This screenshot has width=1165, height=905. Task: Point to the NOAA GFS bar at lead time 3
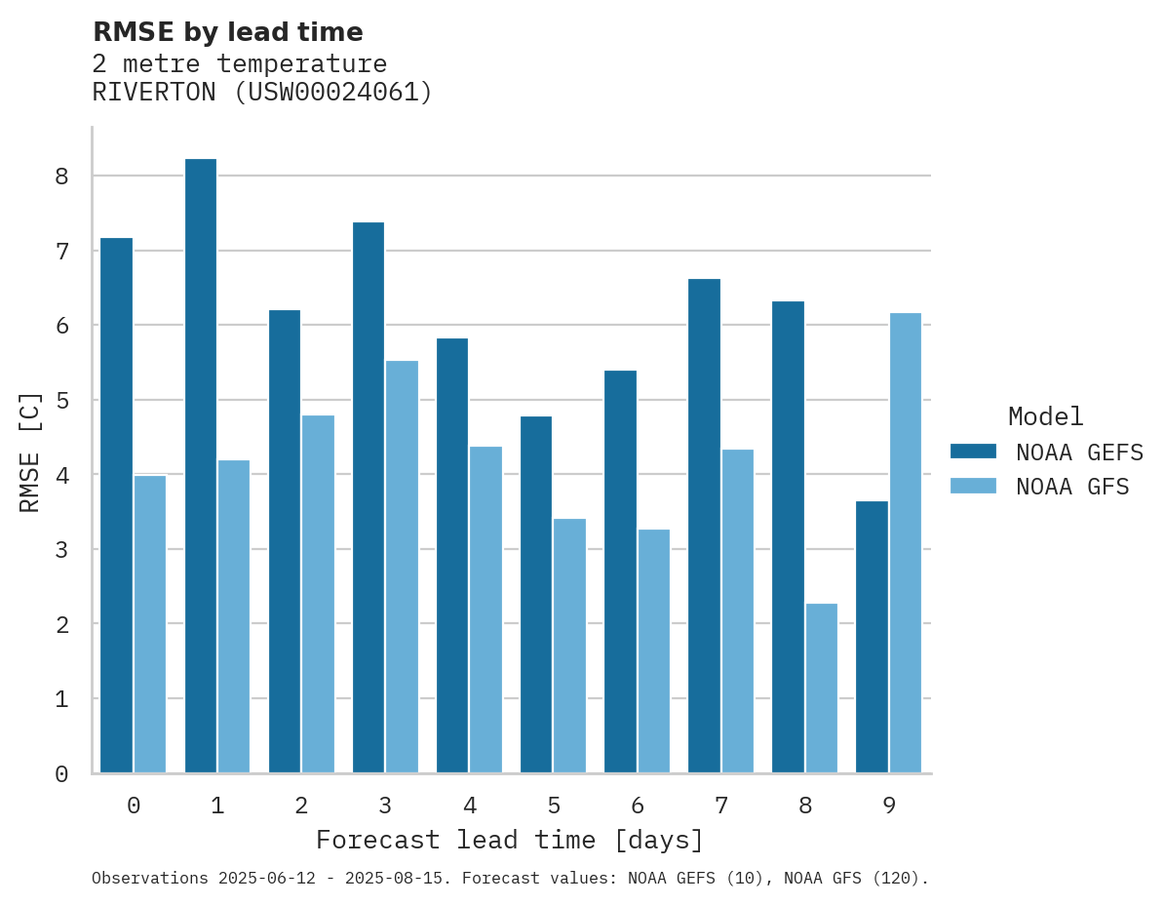[x=402, y=567]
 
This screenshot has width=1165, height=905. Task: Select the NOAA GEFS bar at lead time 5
[x=536, y=594]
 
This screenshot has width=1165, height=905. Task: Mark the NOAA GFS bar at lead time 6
[x=653, y=650]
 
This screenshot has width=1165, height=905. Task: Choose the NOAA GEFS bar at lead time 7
[x=704, y=526]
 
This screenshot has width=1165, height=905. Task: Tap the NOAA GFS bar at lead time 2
[x=318, y=594]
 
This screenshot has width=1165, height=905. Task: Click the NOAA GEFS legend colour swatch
[x=973, y=451]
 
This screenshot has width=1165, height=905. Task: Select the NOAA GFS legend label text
[x=1072, y=487]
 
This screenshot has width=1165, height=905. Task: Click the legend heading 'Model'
[x=1045, y=416]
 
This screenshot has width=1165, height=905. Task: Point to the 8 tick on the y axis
[x=61, y=177]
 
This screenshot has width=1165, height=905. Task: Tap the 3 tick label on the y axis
[x=61, y=550]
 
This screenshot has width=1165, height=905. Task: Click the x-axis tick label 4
[x=469, y=806]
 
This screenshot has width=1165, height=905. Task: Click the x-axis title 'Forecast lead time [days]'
[x=510, y=840]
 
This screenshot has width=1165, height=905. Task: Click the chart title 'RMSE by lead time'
[x=227, y=32]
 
